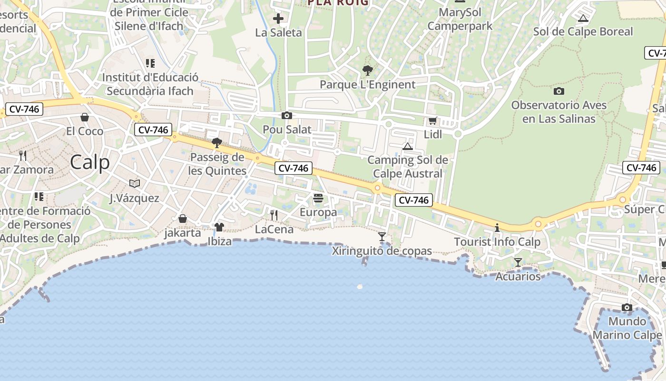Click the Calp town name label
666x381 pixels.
point(90,162)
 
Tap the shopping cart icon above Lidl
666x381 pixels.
point(432,121)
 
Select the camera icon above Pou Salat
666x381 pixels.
point(286,115)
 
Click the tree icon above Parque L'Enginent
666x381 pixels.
point(367,70)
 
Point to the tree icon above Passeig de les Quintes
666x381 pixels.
point(217,142)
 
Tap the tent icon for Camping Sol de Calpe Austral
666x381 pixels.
point(408,146)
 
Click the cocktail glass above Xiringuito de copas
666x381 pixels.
point(382,236)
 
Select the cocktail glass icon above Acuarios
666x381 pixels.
point(518,262)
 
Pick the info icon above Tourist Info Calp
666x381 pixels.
point(497,228)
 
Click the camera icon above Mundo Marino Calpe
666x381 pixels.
point(627,307)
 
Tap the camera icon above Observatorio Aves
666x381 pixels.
point(559,91)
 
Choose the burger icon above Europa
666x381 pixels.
point(318,198)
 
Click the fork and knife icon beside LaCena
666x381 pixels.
point(274,215)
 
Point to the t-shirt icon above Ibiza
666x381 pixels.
point(219,227)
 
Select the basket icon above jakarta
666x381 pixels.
point(182,219)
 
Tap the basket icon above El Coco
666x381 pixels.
point(85,117)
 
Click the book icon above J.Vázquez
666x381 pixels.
point(135,183)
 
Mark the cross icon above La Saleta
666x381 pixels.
point(278,19)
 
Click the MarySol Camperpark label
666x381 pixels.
point(460,19)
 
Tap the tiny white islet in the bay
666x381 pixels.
point(360,287)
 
